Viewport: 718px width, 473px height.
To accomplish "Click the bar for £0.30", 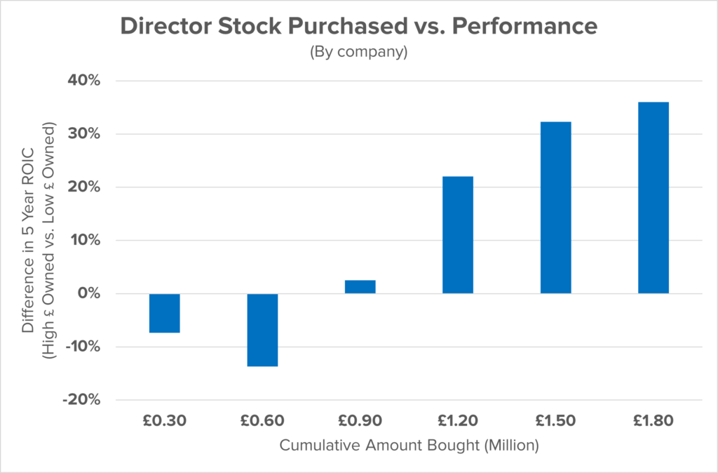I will [165, 313].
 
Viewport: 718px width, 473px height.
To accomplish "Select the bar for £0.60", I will [262, 330].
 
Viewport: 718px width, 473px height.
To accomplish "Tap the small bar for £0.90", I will [360, 286].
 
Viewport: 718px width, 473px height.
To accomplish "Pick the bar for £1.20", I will [457, 234].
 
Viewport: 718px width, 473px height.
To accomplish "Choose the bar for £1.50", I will [555, 208].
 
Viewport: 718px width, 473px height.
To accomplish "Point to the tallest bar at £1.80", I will [653, 198].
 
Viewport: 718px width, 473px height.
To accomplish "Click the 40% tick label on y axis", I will [84, 81].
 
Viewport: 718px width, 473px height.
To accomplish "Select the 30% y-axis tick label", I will [84, 134].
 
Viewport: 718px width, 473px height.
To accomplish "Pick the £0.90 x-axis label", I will [360, 421].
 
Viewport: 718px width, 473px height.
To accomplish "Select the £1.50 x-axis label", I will [555, 421].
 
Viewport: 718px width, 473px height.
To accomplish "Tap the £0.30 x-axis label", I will [165, 421].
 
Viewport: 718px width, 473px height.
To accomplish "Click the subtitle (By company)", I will [359, 53].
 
